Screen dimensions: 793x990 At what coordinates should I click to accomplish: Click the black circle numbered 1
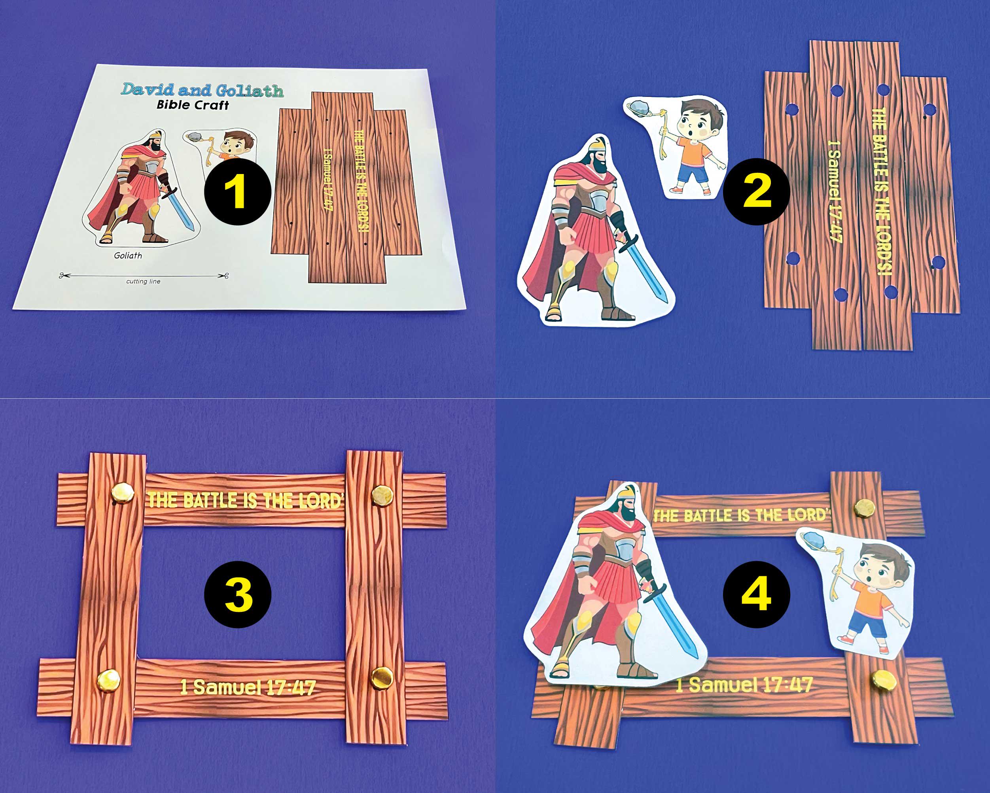237,192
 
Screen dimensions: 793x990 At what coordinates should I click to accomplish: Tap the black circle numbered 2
756,192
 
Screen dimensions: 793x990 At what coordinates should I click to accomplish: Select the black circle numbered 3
237,594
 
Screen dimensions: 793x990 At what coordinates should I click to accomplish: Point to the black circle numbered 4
756,594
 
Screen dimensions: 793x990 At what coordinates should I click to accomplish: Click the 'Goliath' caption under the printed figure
128,256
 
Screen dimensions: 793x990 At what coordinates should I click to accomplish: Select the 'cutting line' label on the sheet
143,282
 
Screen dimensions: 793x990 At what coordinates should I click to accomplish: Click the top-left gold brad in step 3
123,494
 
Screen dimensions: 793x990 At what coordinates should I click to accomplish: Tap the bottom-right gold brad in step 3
382,678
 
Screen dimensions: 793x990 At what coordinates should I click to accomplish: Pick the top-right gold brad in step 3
382,496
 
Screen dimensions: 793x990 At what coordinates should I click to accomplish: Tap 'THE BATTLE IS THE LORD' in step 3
245,500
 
